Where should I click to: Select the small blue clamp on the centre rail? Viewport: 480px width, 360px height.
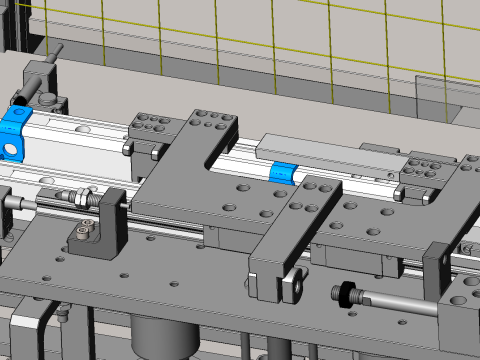point(283,172)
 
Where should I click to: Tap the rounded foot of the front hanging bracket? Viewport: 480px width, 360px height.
point(293,288)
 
